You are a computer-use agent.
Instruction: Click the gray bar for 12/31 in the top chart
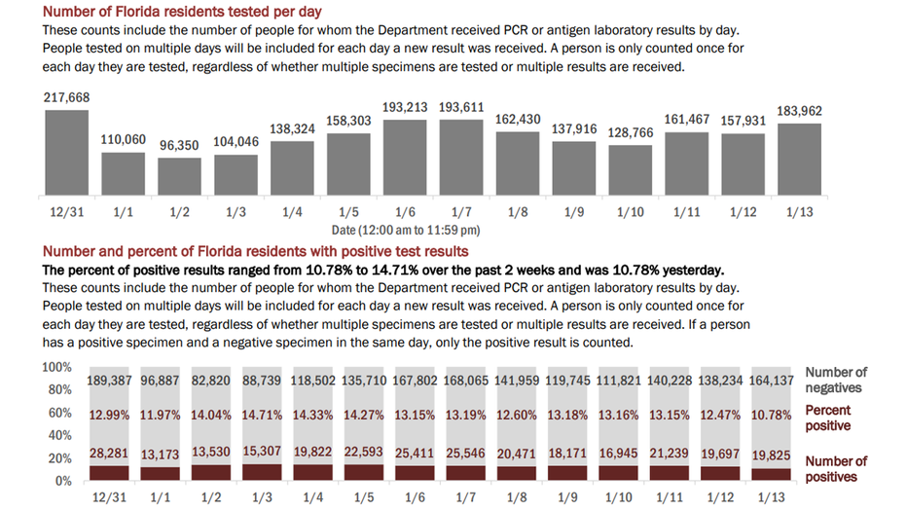tap(67, 152)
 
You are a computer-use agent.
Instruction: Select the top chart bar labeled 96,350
tap(180, 176)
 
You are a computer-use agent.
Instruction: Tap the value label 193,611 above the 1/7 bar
tap(461, 108)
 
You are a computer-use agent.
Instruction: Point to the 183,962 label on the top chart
tap(799, 111)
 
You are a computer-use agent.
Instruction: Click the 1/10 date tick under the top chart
tap(631, 212)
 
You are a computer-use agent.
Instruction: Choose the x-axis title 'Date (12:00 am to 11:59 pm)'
tap(406, 230)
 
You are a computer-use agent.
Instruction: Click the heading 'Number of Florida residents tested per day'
tap(182, 12)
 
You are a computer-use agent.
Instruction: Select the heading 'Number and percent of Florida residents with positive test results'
tap(256, 251)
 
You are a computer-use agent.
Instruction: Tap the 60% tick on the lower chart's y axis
tap(60, 413)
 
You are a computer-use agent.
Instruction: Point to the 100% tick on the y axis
tap(56, 367)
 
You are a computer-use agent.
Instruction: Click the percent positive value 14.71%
tap(262, 416)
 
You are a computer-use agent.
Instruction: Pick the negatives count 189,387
tap(109, 381)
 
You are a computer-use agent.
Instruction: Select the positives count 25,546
tap(465, 454)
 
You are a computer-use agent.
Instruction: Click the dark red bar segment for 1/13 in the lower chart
tap(771, 475)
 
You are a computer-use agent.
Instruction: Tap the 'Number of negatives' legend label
tap(836, 380)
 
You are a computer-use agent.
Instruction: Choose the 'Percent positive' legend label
tap(828, 419)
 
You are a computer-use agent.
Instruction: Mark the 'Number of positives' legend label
tap(836, 469)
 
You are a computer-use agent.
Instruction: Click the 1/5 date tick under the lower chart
tap(364, 497)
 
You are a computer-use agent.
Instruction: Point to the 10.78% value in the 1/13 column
tap(771, 416)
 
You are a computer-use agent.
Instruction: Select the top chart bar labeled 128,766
tap(631, 170)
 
